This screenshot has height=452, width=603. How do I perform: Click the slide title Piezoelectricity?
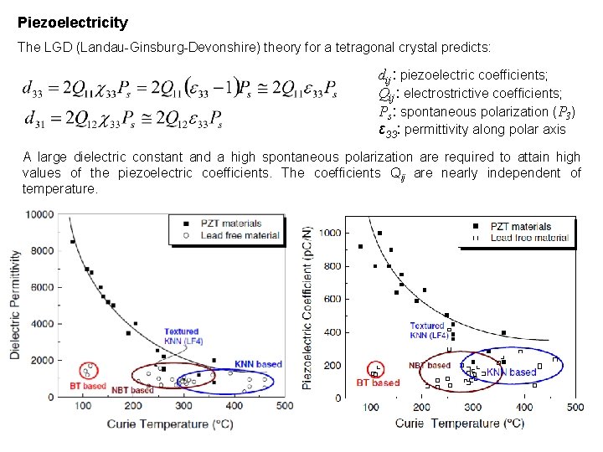click(x=73, y=23)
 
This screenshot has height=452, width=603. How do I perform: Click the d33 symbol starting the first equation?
click(x=38, y=88)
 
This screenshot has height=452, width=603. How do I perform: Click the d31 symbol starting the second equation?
click(x=38, y=119)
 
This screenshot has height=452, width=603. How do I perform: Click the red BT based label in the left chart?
click(x=88, y=386)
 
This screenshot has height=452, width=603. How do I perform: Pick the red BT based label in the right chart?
click(x=378, y=383)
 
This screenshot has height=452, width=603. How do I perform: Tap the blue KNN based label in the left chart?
click(x=258, y=365)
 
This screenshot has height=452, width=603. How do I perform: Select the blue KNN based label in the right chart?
click(x=511, y=372)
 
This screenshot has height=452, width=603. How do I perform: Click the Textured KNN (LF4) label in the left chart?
click(x=181, y=336)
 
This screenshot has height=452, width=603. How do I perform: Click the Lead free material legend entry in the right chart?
click(x=528, y=238)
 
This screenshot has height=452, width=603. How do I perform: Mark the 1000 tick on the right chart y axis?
click(x=332, y=233)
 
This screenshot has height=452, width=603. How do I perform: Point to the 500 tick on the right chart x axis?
click(x=575, y=408)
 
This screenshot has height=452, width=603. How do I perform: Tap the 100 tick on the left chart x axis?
click(x=83, y=406)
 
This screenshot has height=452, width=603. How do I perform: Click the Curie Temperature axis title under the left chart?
click(x=169, y=424)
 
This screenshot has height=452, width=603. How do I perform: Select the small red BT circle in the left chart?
click(x=88, y=369)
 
